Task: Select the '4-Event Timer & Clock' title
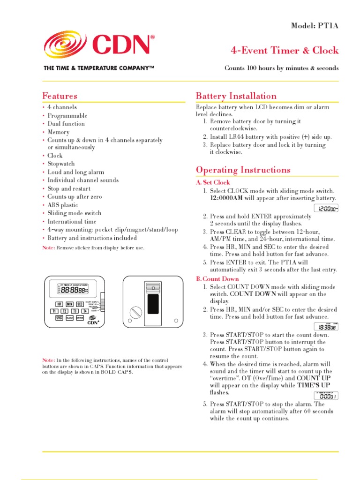pos(285,51)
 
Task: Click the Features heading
pos(60,96)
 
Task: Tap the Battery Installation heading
pos(236,96)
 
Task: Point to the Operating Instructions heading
pos(243,170)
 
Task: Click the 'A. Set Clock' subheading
pos(213,182)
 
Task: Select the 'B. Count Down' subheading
pos(217,279)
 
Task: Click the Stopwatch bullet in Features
pos(61,164)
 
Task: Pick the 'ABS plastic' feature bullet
pos(63,205)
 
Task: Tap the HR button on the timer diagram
pos(59,304)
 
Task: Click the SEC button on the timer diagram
pos(80,304)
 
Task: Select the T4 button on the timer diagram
pos(85,311)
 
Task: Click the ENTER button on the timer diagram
pos(80,318)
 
